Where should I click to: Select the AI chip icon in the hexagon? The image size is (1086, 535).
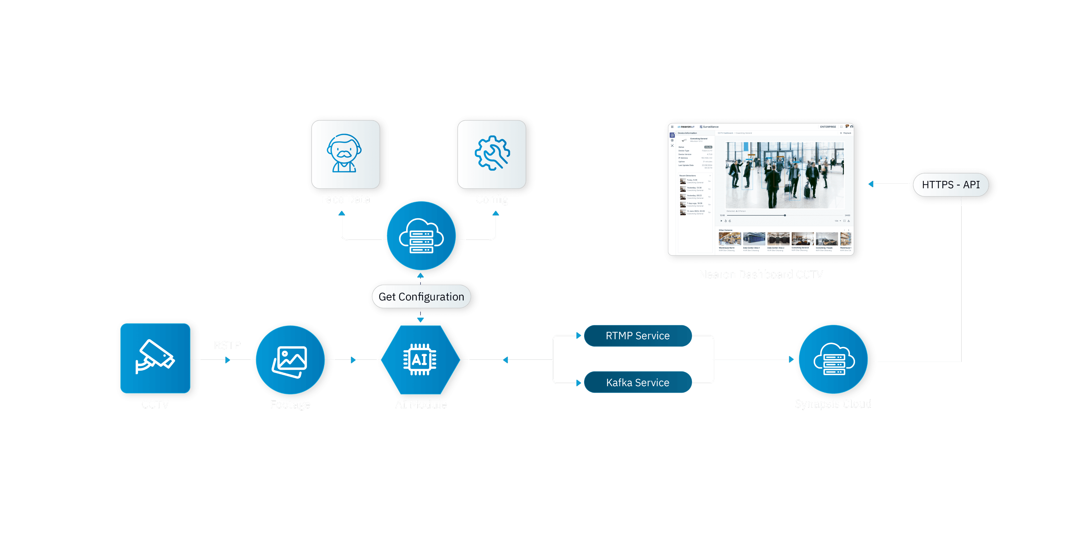pyautogui.click(x=420, y=360)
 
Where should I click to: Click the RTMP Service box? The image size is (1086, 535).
pyautogui.click(x=637, y=336)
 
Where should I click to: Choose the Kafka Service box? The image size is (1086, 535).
pyautogui.click(x=637, y=382)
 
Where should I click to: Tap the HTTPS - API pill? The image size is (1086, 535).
pyautogui.click(x=951, y=185)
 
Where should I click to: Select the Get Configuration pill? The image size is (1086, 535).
pyautogui.click(x=421, y=297)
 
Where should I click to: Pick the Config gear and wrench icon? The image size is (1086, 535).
pyautogui.click(x=492, y=153)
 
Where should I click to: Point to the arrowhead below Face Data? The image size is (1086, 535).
pyautogui.click(x=342, y=214)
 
